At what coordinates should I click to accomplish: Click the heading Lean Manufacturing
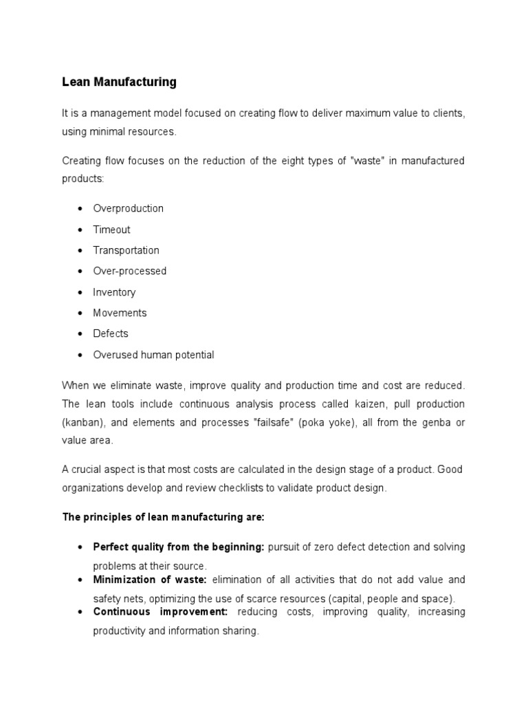(x=119, y=82)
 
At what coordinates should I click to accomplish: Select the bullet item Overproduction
(x=129, y=208)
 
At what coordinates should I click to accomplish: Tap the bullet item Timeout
(x=111, y=230)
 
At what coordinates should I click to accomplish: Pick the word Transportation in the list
(x=126, y=250)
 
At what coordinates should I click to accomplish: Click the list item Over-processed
(x=130, y=271)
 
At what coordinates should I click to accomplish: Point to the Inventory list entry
(x=114, y=292)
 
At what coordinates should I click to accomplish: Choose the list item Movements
(x=120, y=313)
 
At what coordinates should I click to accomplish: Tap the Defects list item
(x=111, y=333)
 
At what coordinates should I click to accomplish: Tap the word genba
(x=430, y=422)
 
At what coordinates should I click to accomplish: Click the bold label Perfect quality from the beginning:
(x=179, y=547)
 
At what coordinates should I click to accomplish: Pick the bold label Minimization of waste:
(x=150, y=580)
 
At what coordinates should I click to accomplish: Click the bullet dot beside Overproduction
(x=80, y=208)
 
